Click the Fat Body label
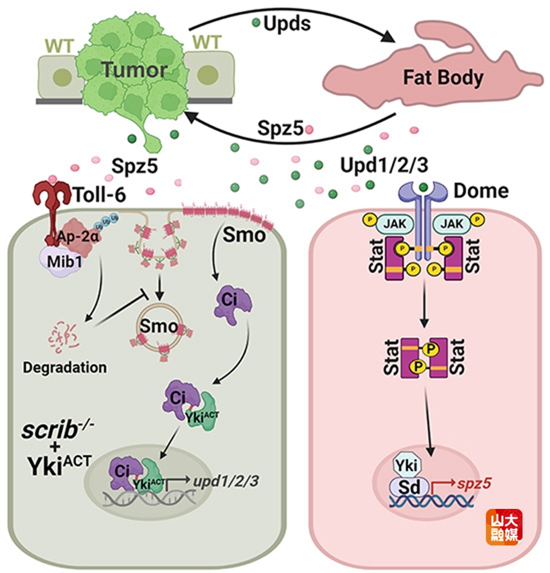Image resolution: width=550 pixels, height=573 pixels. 443,77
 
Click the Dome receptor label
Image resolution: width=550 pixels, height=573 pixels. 481,191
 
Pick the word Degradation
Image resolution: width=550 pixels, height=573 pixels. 65,367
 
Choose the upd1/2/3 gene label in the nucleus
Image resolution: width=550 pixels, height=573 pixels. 226,480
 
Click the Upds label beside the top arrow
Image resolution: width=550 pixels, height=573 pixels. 287,24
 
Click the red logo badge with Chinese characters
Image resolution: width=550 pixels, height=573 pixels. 504,527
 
